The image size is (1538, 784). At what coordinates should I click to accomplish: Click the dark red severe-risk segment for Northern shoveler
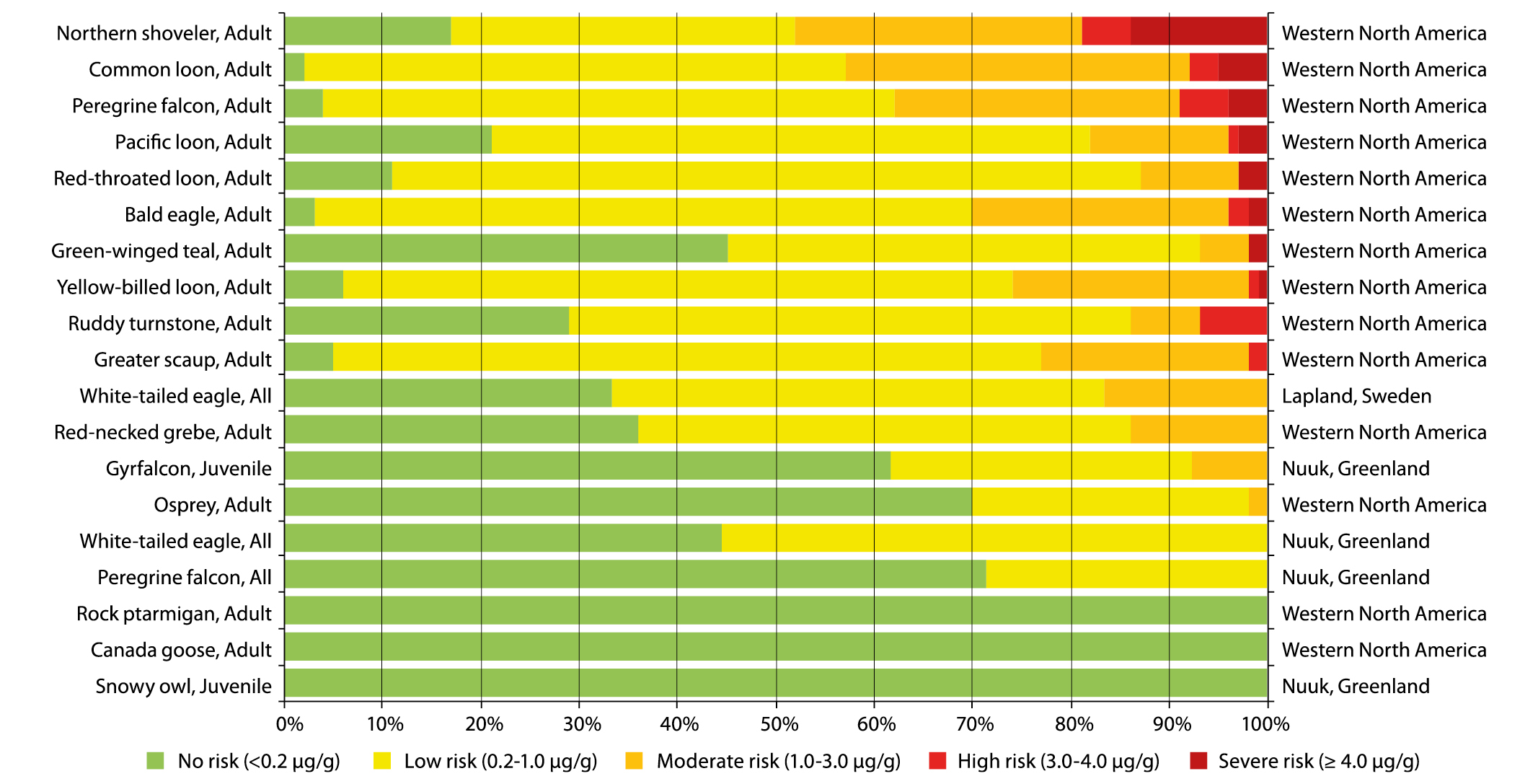pos(1198,31)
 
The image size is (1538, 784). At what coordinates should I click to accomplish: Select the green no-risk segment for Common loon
pos(294,67)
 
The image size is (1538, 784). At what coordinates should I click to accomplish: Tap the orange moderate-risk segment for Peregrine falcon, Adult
pos(1037,104)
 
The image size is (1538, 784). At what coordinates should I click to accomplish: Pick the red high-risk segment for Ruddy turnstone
pos(1233,321)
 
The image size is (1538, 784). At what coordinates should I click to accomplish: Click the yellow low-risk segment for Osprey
pos(1110,502)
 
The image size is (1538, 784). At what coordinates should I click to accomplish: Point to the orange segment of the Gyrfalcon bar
pos(1229,466)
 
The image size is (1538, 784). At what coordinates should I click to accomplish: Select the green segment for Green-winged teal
pos(505,249)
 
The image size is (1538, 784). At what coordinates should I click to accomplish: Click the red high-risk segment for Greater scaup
pos(1258,357)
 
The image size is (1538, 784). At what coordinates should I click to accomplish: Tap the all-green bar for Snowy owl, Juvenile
pos(776,683)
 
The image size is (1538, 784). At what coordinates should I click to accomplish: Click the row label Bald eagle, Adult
pos(198,214)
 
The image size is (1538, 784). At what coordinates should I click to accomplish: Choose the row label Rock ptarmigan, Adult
pos(174,613)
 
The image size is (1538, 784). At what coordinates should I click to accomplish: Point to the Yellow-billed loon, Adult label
pos(164,287)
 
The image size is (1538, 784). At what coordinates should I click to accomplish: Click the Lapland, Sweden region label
pos(1356,396)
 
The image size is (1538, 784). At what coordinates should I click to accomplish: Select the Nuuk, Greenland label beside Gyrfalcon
pos(1356,468)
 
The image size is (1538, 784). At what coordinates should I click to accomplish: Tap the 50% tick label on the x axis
pos(779,723)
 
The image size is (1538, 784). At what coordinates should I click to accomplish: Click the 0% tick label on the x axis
pos(290,723)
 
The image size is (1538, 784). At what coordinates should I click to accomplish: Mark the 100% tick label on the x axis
pos(1266,723)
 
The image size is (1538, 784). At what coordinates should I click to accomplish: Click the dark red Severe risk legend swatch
pos(1198,761)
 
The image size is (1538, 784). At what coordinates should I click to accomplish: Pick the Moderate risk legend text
pos(779,761)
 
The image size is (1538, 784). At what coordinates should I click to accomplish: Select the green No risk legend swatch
pos(155,761)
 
